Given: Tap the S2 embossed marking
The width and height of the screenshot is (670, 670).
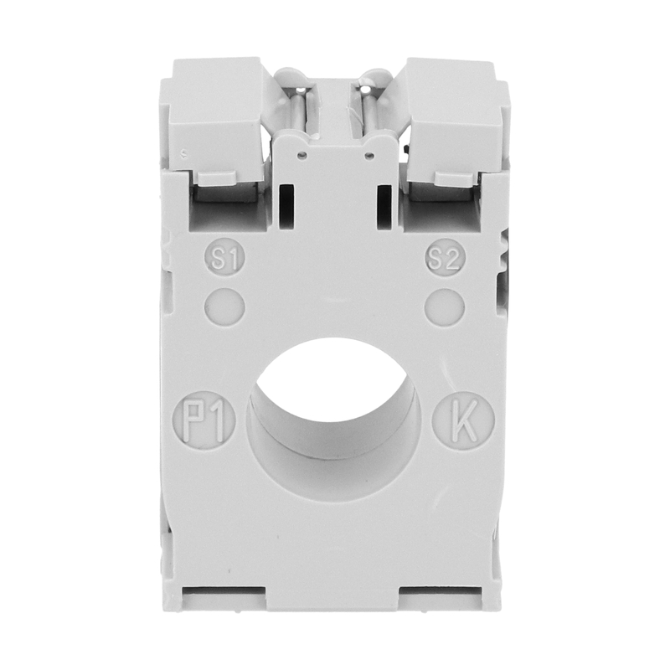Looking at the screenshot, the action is pos(446,258).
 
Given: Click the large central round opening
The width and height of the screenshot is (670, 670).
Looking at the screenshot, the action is pos(333,418).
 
